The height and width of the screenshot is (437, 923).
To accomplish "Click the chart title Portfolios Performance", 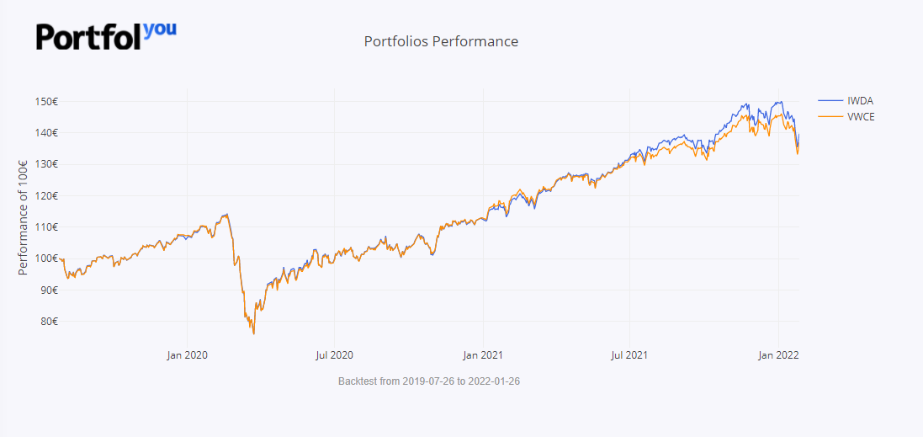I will coord(441,41).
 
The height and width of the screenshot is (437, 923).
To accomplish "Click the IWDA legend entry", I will coord(860,101).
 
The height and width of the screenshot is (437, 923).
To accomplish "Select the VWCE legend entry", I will coord(862,116).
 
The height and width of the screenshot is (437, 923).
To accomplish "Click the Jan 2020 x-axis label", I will coord(187,355).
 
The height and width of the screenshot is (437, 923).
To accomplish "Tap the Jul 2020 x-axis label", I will coord(334,355).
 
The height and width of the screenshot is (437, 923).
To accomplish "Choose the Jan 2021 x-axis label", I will coord(483,355).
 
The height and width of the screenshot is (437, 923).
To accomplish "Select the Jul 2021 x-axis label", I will coord(629,355).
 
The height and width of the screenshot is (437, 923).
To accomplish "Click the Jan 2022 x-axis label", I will coord(778,355).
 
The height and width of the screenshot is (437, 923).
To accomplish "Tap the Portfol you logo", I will coord(106,35).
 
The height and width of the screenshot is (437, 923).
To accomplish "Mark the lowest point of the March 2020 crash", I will coord(253,333).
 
